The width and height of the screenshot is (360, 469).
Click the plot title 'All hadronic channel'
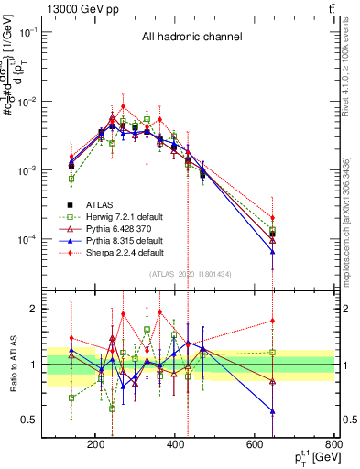tap(198, 38)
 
